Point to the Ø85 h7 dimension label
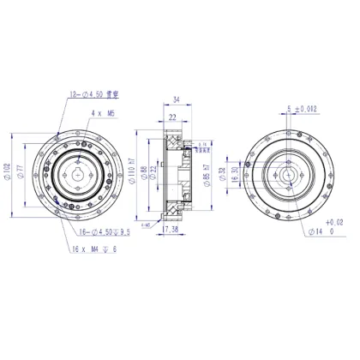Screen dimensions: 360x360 (207, 177)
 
